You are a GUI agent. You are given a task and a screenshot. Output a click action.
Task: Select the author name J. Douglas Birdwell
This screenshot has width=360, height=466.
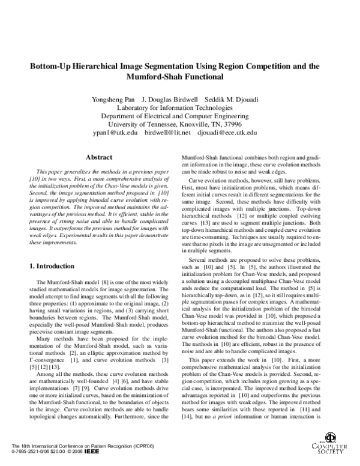point(172,98)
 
